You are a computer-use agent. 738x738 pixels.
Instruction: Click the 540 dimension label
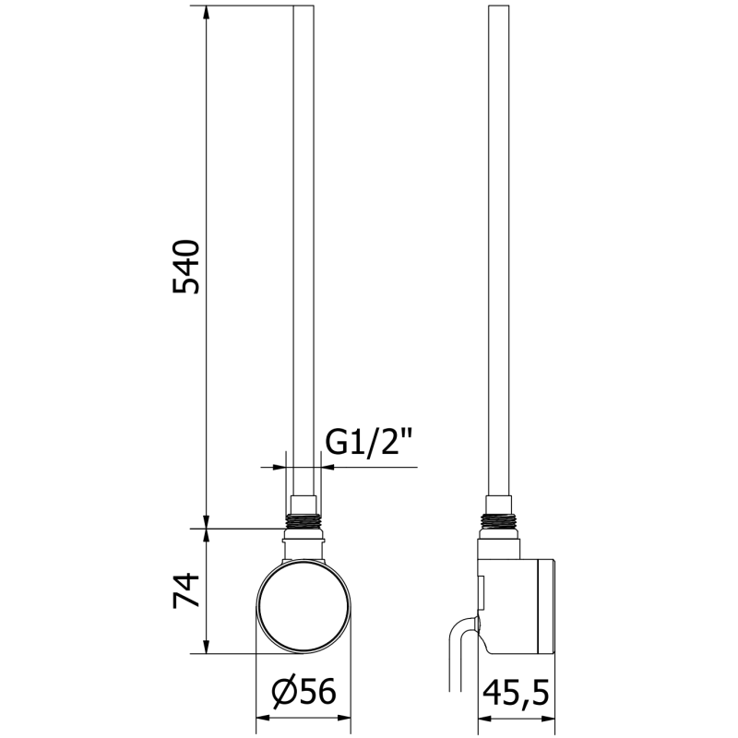click(186, 267)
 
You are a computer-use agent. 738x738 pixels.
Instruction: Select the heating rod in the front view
click(304, 249)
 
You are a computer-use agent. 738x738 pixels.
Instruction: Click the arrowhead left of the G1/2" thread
click(280, 467)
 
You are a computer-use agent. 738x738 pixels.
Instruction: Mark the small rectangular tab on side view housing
click(480, 587)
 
